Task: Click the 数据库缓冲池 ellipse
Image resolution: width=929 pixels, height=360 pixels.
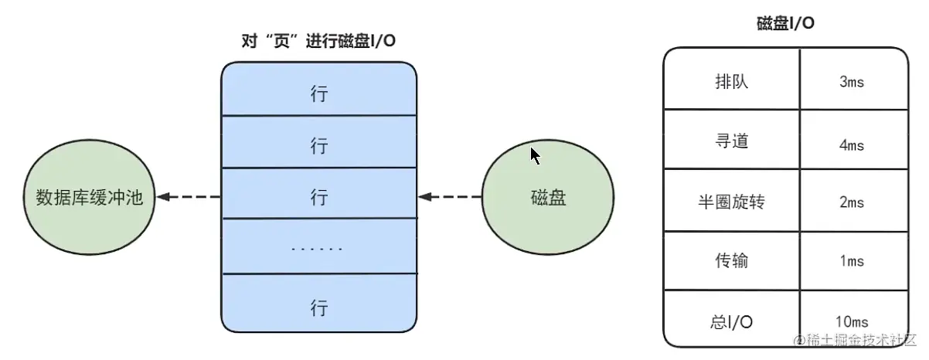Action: tap(89, 197)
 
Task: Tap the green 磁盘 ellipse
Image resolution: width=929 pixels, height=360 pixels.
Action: tap(548, 197)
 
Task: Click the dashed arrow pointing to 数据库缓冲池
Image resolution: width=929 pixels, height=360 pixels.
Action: tap(189, 196)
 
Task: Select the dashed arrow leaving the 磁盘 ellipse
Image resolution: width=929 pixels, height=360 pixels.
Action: tap(450, 196)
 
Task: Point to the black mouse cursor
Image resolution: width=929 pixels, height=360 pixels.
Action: tap(535, 155)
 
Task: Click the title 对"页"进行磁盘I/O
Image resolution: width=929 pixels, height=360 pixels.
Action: tap(318, 41)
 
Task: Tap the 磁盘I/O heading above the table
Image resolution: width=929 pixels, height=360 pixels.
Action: tap(785, 23)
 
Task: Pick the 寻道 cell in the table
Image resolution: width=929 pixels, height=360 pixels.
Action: tap(732, 139)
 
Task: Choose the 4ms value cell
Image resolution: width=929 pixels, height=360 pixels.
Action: tap(854, 139)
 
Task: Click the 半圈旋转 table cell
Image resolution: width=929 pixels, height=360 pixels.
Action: tap(732, 200)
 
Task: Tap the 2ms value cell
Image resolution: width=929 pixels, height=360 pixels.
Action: tap(854, 200)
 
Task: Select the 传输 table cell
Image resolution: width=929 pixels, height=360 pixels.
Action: tap(732, 261)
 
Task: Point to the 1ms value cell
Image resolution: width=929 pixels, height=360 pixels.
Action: tap(854, 261)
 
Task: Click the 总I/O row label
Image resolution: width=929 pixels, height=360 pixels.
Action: tap(731, 322)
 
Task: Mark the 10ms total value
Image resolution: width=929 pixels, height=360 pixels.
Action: tap(852, 322)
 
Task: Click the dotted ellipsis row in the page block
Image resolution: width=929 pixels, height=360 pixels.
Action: tap(320, 246)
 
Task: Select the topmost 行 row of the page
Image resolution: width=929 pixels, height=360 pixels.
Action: tap(319, 89)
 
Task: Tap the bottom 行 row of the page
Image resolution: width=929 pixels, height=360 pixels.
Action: tap(319, 303)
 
